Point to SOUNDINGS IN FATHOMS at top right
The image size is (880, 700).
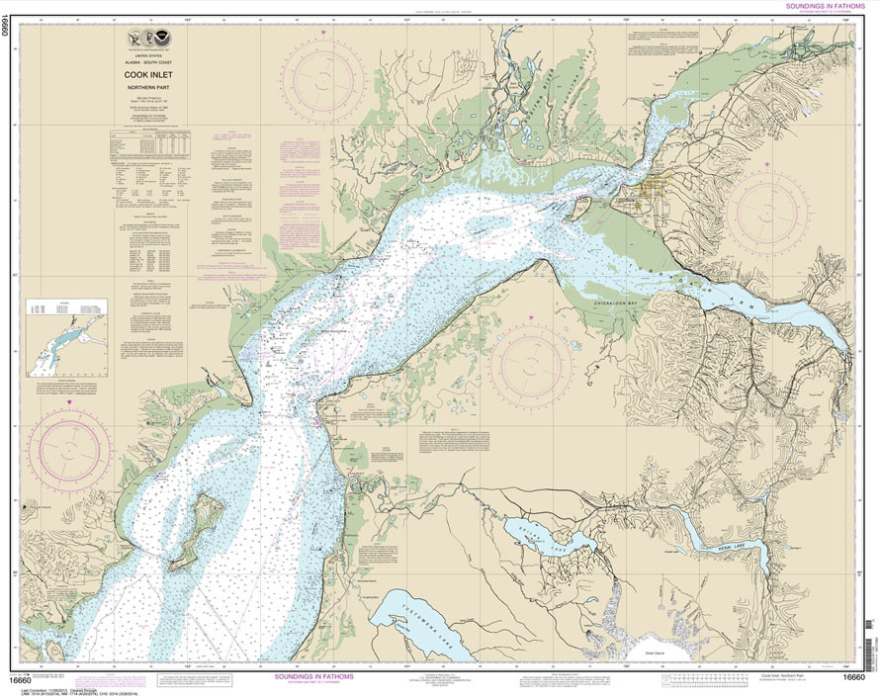coord(818,6)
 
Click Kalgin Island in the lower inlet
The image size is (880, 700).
coord(198,530)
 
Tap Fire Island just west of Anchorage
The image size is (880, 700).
coord(574,210)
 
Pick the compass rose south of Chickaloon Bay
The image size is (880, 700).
coord(530,367)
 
